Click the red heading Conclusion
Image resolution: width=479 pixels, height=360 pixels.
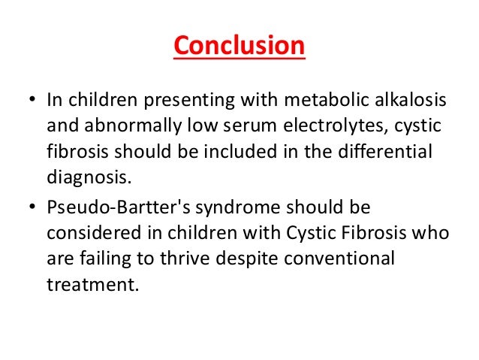coord(239,47)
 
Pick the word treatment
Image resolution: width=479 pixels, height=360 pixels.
coord(92,285)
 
